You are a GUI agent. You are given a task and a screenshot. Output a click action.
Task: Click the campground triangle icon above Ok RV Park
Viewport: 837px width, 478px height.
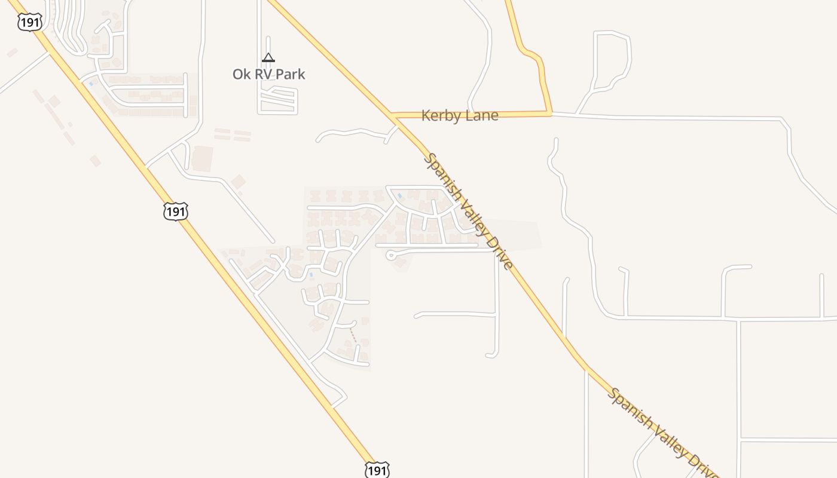coord(268,57)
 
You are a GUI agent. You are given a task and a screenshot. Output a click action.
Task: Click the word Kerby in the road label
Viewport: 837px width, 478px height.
coord(441,116)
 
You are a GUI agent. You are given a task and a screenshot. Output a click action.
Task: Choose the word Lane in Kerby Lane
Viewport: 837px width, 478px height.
coord(481,116)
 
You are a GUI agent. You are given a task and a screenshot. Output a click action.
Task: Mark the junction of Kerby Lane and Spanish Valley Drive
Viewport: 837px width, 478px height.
coord(392,114)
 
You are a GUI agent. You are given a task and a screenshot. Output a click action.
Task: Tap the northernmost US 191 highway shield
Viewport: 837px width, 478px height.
coord(29,23)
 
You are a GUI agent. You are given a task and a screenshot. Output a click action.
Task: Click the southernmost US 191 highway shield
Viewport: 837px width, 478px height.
coord(377,469)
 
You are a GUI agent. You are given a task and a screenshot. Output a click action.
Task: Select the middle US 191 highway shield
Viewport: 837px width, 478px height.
coord(176,211)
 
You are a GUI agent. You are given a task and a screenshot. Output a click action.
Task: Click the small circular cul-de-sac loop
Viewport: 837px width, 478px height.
coord(391,256)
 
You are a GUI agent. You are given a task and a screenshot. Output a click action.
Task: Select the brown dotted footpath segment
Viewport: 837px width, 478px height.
coord(353,335)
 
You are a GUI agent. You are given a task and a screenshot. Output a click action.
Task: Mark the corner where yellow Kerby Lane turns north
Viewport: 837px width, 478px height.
coord(550,112)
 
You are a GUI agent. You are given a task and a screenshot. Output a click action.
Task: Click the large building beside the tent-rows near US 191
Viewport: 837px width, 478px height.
coord(202,159)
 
